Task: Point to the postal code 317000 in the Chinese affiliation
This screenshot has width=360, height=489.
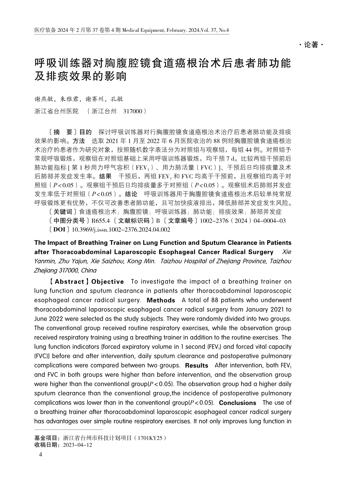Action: click(x=133, y=111)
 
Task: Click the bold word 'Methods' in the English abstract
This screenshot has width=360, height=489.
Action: click(x=161, y=300)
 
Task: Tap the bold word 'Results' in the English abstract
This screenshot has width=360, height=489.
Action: click(x=197, y=365)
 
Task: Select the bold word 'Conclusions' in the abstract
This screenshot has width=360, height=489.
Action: click(x=238, y=403)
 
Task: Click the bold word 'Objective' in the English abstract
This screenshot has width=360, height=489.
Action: click(x=108, y=282)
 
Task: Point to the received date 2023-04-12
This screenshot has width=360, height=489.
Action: click(x=78, y=445)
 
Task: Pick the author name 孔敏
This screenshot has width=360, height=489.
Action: click(x=117, y=99)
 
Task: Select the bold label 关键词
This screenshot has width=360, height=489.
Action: click(x=63, y=212)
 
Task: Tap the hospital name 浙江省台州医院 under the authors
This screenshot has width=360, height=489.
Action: click(x=56, y=111)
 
